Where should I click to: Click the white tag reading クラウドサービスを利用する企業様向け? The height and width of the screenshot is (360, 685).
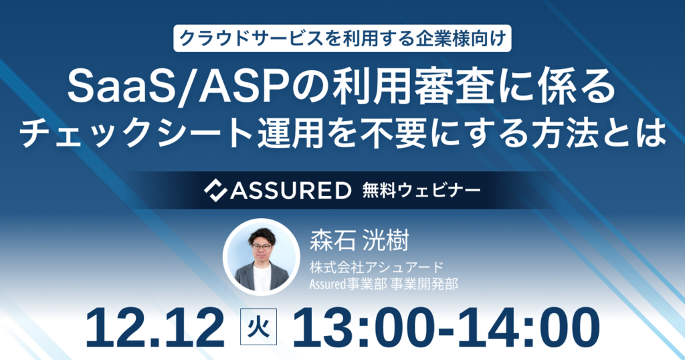(x=342, y=38)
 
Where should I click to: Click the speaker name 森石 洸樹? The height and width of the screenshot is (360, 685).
(x=356, y=239)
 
